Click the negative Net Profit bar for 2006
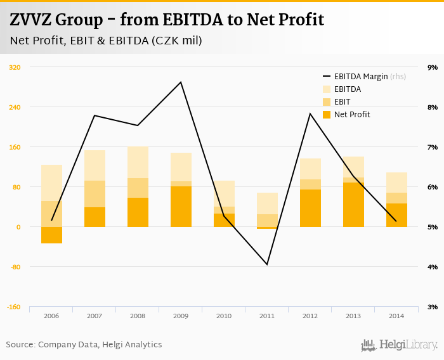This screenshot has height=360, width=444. tap(51, 235)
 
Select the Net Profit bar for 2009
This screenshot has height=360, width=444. tap(181, 207)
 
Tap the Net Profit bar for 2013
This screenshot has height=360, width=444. tap(353, 205)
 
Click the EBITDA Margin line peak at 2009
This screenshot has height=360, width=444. tap(181, 82)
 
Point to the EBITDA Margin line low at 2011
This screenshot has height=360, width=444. tap(267, 264)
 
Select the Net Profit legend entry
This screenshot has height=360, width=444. tap(351, 115)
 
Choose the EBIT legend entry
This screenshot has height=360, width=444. tap(342, 102)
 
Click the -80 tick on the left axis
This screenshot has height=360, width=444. tap(15, 267)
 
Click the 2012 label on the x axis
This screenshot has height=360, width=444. tap(310, 316)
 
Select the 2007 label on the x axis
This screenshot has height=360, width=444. tap(95, 316)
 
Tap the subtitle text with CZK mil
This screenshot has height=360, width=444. tap(106, 41)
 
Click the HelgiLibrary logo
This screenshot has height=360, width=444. tap(400, 345)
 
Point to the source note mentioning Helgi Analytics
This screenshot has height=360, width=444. tap(84, 345)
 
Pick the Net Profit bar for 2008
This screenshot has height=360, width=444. tap(138, 212)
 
